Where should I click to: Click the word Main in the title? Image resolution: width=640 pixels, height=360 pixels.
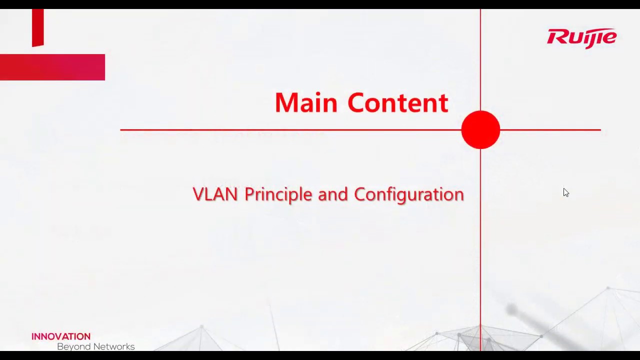point(306,103)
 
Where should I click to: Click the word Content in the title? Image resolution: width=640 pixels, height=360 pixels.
point(397,103)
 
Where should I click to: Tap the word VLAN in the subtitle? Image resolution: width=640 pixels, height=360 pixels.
point(215,194)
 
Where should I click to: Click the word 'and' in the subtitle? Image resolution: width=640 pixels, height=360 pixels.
point(332,194)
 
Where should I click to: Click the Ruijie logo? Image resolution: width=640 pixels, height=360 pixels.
point(581,38)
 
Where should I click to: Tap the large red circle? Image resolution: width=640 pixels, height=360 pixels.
point(480,130)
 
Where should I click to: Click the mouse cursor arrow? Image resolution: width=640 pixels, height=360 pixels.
point(565,192)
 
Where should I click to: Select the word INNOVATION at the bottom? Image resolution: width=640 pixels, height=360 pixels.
point(61,336)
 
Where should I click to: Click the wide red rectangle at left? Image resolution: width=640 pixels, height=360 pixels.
point(52,67)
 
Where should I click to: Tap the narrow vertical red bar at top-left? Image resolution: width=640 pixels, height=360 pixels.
point(38,27)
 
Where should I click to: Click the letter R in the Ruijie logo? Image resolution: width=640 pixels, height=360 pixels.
point(555,37)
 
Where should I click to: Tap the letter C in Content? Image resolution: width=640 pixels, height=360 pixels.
point(358,103)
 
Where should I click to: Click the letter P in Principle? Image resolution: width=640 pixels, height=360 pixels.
point(248,194)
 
